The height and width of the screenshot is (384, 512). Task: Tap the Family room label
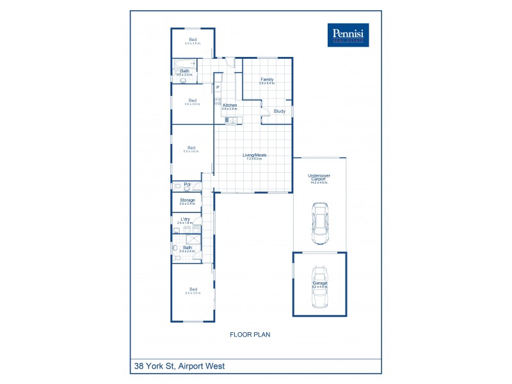point(266,79)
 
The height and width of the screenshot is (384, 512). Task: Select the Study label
point(279,111)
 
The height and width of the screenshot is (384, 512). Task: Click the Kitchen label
point(229,105)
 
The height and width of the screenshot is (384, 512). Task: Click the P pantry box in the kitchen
point(218,87)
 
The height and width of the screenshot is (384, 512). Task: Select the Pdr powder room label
point(188,185)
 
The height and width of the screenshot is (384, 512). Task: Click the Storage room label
point(187,200)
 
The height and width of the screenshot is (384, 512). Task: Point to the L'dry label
point(185,220)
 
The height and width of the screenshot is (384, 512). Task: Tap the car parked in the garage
point(319,287)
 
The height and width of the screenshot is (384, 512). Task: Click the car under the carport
point(319,223)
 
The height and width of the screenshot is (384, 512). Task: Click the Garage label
point(319,283)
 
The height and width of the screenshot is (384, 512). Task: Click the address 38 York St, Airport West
point(179,367)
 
